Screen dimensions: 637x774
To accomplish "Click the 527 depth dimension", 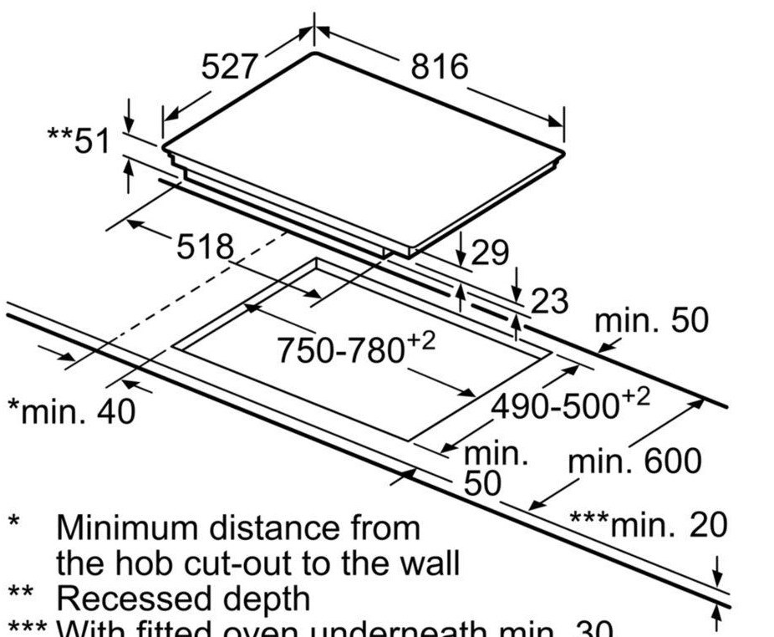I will click(x=230, y=66).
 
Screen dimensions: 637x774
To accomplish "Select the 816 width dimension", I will click(x=440, y=66).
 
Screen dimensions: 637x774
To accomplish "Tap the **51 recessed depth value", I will click(x=79, y=140).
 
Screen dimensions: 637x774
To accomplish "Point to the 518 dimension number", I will click(x=206, y=246).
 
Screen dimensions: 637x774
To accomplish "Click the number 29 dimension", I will click(x=490, y=252).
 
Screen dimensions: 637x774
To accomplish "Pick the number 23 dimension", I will click(x=549, y=301).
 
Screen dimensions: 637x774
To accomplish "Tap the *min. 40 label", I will click(x=71, y=411).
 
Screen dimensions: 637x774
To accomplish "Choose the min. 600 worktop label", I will click(x=634, y=461).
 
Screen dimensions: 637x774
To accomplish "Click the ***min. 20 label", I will click(x=649, y=525).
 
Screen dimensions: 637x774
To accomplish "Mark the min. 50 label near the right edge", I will click(x=651, y=320).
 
